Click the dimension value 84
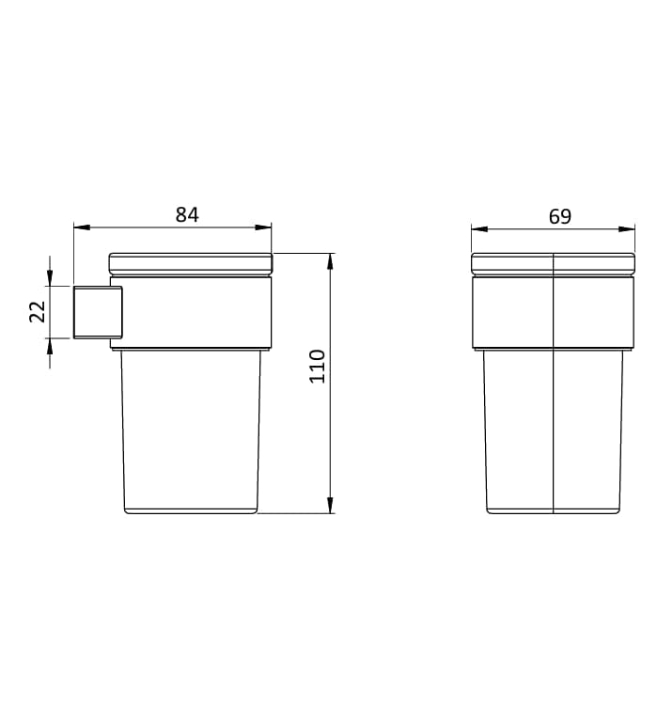pyautogui.click(x=187, y=214)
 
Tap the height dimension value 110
pyautogui.click(x=318, y=366)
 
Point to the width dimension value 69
pyautogui.click(x=559, y=216)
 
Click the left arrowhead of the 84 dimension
pyautogui.click(x=80, y=227)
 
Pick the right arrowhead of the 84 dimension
pyautogui.click(x=265, y=227)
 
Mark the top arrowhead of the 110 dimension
pyautogui.click(x=330, y=260)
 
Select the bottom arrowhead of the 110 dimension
pyautogui.click(x=330, y=507)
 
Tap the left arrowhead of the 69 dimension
pyautogui.click(x=477, y=228)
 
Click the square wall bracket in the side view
pyautogui.click(x=98, y=311)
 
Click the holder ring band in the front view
pyautogui.click(x=517, y=312)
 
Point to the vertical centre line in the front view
pyautogui.click(x=554, y=423)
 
